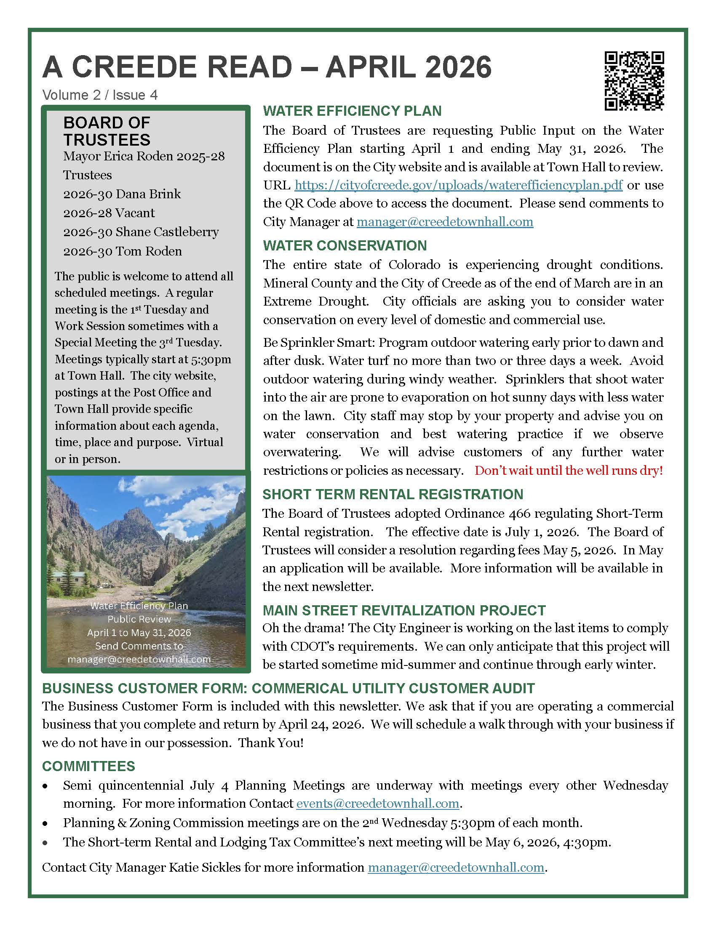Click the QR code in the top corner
(x=634, y=81)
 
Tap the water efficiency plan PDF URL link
(x=458, y=185)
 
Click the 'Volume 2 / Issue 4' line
(x=100, y=95)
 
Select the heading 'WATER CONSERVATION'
(x=345, y=245)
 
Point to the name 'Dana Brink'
(x=148, y=194)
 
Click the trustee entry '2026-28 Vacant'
(x=109, y=213)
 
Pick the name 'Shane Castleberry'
(x=167, y=232)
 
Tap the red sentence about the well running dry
(x=569, y=470)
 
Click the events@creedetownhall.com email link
(x=377, y=804)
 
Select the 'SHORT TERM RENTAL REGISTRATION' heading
(x=393, y=495)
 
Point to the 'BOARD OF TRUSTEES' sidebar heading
(x=107, y=131)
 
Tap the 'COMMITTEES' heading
(x=88, y=766)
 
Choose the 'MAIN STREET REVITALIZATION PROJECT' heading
(x=404, y=610)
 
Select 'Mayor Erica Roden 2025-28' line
(x=144, y=156)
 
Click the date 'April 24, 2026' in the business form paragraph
(x=321, y=724)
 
